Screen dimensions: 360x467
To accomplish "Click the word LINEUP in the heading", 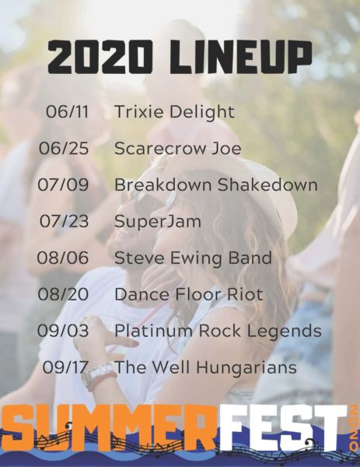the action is pyautogui.click(x=241, y=58).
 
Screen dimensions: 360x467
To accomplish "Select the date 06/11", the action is pyautogui.click(x=67, y=111).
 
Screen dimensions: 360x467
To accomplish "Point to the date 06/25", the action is pyautogui.click(x=64, y=149).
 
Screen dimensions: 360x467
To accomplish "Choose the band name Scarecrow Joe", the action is pyautogui.click(x=177, y=149).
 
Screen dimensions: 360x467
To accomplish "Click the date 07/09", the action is pyautogui.click(x=63, y=184).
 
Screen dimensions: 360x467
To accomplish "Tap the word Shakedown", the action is pyautogui.click(x=267, y=184).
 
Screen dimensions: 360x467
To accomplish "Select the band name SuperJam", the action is pyautogui.click(x=158, y=222).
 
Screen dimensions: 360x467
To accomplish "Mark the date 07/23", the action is pyautogui.click(x=64, y=221).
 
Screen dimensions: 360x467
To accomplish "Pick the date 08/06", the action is pyautogui.click(x=63, y=258).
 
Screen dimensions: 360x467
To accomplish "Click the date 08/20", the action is pyautogui.click(x=63, y=294).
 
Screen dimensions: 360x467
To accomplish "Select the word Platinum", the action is pyautogui.click(x=154, y=331).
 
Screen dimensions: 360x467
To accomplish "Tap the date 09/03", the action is pyautogui.click(x=63, y=331).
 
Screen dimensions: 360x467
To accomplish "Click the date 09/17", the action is pyautogui.click(x=65, y=367).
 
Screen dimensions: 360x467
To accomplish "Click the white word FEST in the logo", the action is pyautogui.click(x=283, y=427).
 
